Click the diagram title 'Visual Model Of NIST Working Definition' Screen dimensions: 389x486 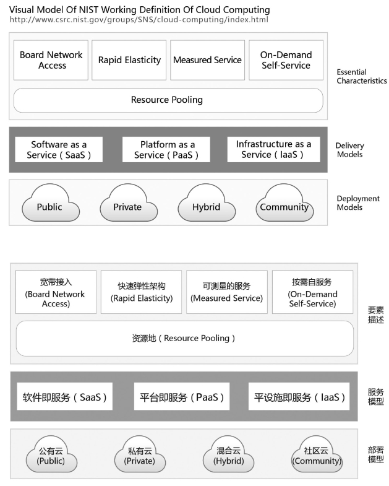pos(139,10)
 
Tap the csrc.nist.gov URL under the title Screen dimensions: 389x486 pos(139,20)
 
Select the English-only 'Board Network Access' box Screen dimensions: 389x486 pos(51,60)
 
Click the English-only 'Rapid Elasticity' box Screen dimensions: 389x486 pos(129,60)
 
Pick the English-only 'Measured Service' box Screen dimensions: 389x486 pos(208,60)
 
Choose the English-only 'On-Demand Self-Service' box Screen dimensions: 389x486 pos(286,60)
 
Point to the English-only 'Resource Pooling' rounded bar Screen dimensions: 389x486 pos(168,100)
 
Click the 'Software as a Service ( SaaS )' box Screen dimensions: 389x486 pos(59,149)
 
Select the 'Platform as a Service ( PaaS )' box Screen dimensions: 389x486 pos(166,149)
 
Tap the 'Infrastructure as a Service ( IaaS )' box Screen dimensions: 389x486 pos(273,149)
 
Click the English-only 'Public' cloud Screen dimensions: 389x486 pos(51,203)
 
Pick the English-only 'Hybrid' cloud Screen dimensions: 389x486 pos(207,203)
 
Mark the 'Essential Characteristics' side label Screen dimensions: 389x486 pos(361,77)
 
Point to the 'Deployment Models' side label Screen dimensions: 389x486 pos(358,203)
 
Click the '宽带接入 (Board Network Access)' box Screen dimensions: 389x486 pos(56,292)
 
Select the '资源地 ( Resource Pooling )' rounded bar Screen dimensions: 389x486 pos(184,339)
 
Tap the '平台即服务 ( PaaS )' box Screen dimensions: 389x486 pos(182,396)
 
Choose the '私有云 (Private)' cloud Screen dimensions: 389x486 pos(140,454)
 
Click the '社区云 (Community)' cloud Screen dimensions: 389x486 pos(317,454)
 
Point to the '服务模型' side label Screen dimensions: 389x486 pos(375,397)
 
